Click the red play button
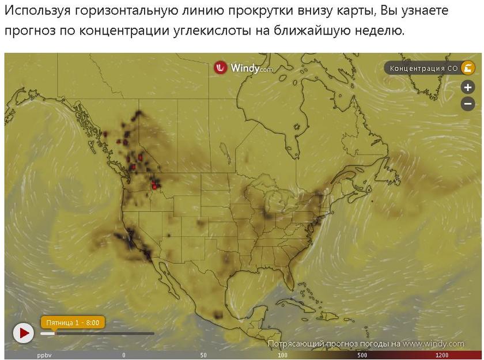[24, 333]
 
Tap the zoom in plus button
[468, 88]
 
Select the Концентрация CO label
[423, 69]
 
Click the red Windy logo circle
[221, 68]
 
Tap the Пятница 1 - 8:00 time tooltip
[72, 322]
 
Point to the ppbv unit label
[44, 355]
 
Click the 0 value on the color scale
[124, 355]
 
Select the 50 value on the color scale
[203, 355]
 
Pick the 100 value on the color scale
[282, 355]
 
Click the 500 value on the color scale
[362, 355]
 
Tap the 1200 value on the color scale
[442, 355]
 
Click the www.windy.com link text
[433, 344]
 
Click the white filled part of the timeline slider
[47, 334]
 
